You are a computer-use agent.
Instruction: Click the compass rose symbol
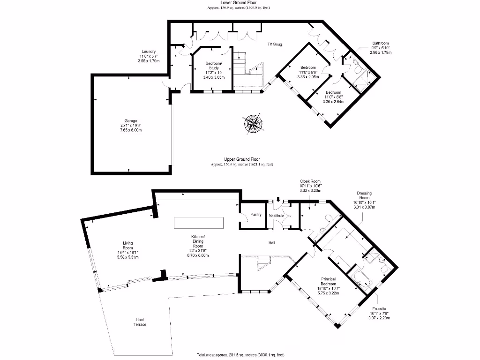(253, 124)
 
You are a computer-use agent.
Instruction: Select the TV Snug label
(275, 45)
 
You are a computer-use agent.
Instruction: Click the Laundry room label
(149, 52)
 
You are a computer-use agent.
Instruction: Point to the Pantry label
(256, 214)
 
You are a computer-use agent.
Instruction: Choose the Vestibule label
(277, 216)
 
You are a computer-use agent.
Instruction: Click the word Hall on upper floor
(271, 243)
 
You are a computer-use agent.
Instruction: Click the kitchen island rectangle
(200, 223)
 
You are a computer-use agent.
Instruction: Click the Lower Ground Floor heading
(239, 3)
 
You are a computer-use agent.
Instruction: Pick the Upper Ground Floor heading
(242, 159)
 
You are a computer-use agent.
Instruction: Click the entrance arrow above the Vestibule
(278, 199)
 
